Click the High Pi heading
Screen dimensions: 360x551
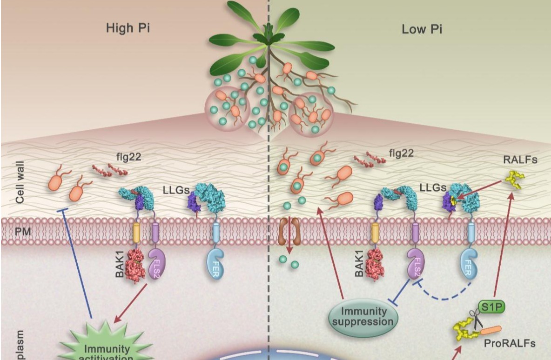tap(128, 29)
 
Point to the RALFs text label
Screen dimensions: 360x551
tap(520, 160)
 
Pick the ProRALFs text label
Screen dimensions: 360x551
tap(510, 344)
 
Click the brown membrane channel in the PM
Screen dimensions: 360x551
tap(289, 231)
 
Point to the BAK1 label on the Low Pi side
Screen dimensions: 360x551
tap(359, 265)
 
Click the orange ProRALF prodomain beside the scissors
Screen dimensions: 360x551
tap(491, 331)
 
